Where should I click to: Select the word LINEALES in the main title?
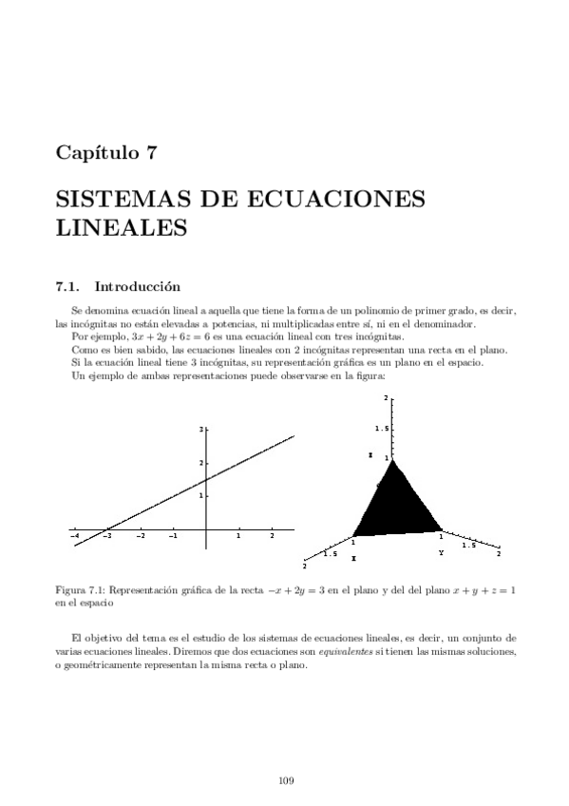click(x=121, y=228)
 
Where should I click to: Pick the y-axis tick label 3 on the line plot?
click(x=200, y=431)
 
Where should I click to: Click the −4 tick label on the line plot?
click(x=75, y=536)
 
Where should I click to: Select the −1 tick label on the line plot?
click(x=173, y=536)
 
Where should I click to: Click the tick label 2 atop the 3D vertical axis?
click(x=385, y=397)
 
